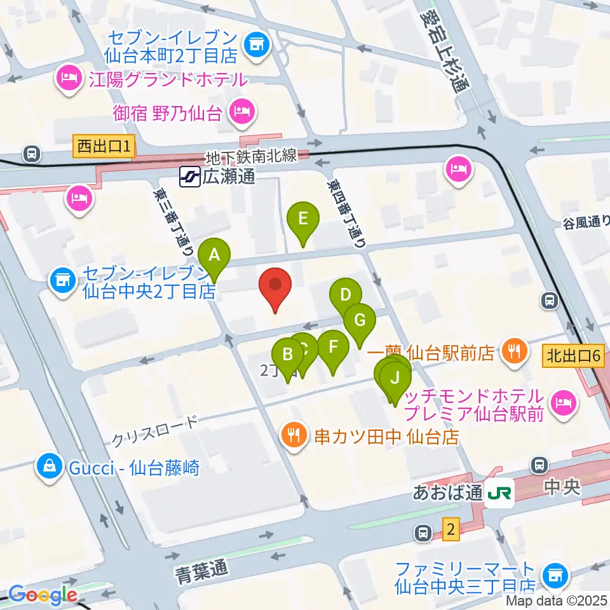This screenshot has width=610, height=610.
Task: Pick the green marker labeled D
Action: pos(345,295)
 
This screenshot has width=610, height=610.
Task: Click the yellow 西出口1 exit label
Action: pos(104,147)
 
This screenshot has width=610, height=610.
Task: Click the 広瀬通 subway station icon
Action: pos(188,176)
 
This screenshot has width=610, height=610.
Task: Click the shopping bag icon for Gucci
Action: pos(48,467)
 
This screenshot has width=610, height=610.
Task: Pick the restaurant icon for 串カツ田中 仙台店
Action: pos(294,436)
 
